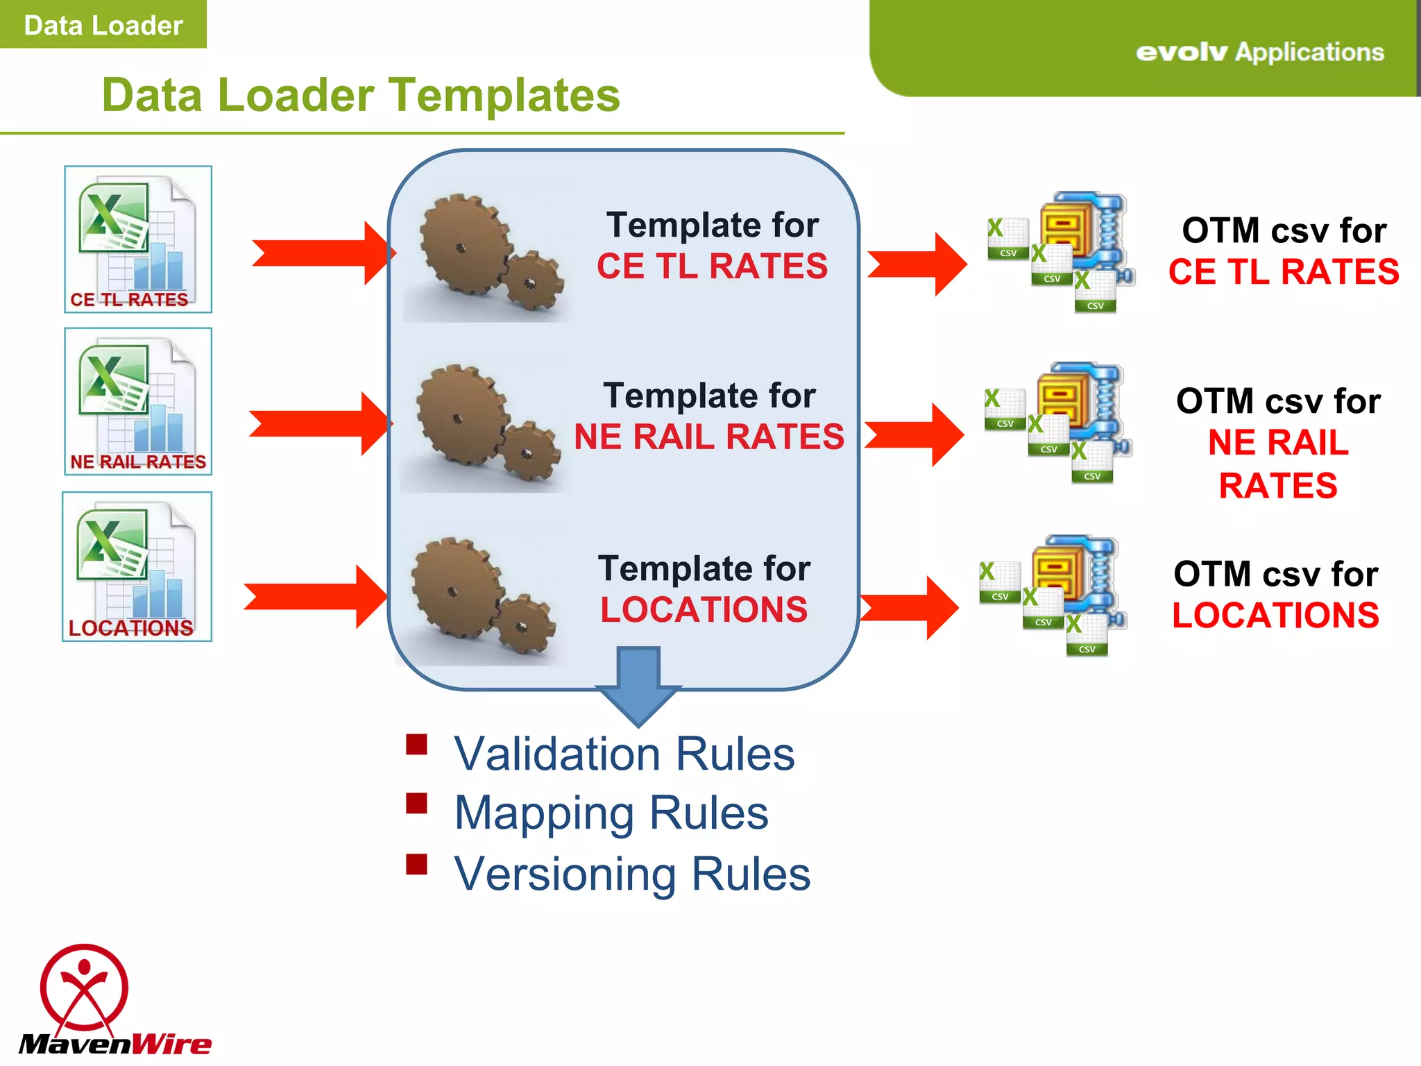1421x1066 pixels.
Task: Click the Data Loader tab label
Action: (103, 25)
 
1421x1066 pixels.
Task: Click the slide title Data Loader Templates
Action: (361, 95)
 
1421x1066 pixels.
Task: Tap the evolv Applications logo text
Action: (1259, 52)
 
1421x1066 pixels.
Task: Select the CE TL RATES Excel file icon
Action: (138, 239)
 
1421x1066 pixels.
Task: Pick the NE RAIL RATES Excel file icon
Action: (138, 401)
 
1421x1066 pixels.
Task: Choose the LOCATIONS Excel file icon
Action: (137, 566)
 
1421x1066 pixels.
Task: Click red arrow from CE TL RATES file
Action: (323, 253)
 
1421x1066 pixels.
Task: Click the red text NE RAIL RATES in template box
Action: (709, 437)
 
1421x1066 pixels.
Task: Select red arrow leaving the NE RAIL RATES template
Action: (914, 434)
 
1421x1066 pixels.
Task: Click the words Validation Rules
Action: (624, 754)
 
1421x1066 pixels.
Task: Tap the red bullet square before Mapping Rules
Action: (416, 804)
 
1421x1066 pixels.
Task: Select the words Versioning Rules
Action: (631, 874)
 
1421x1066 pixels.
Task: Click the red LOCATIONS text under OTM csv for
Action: (1275, 616)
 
